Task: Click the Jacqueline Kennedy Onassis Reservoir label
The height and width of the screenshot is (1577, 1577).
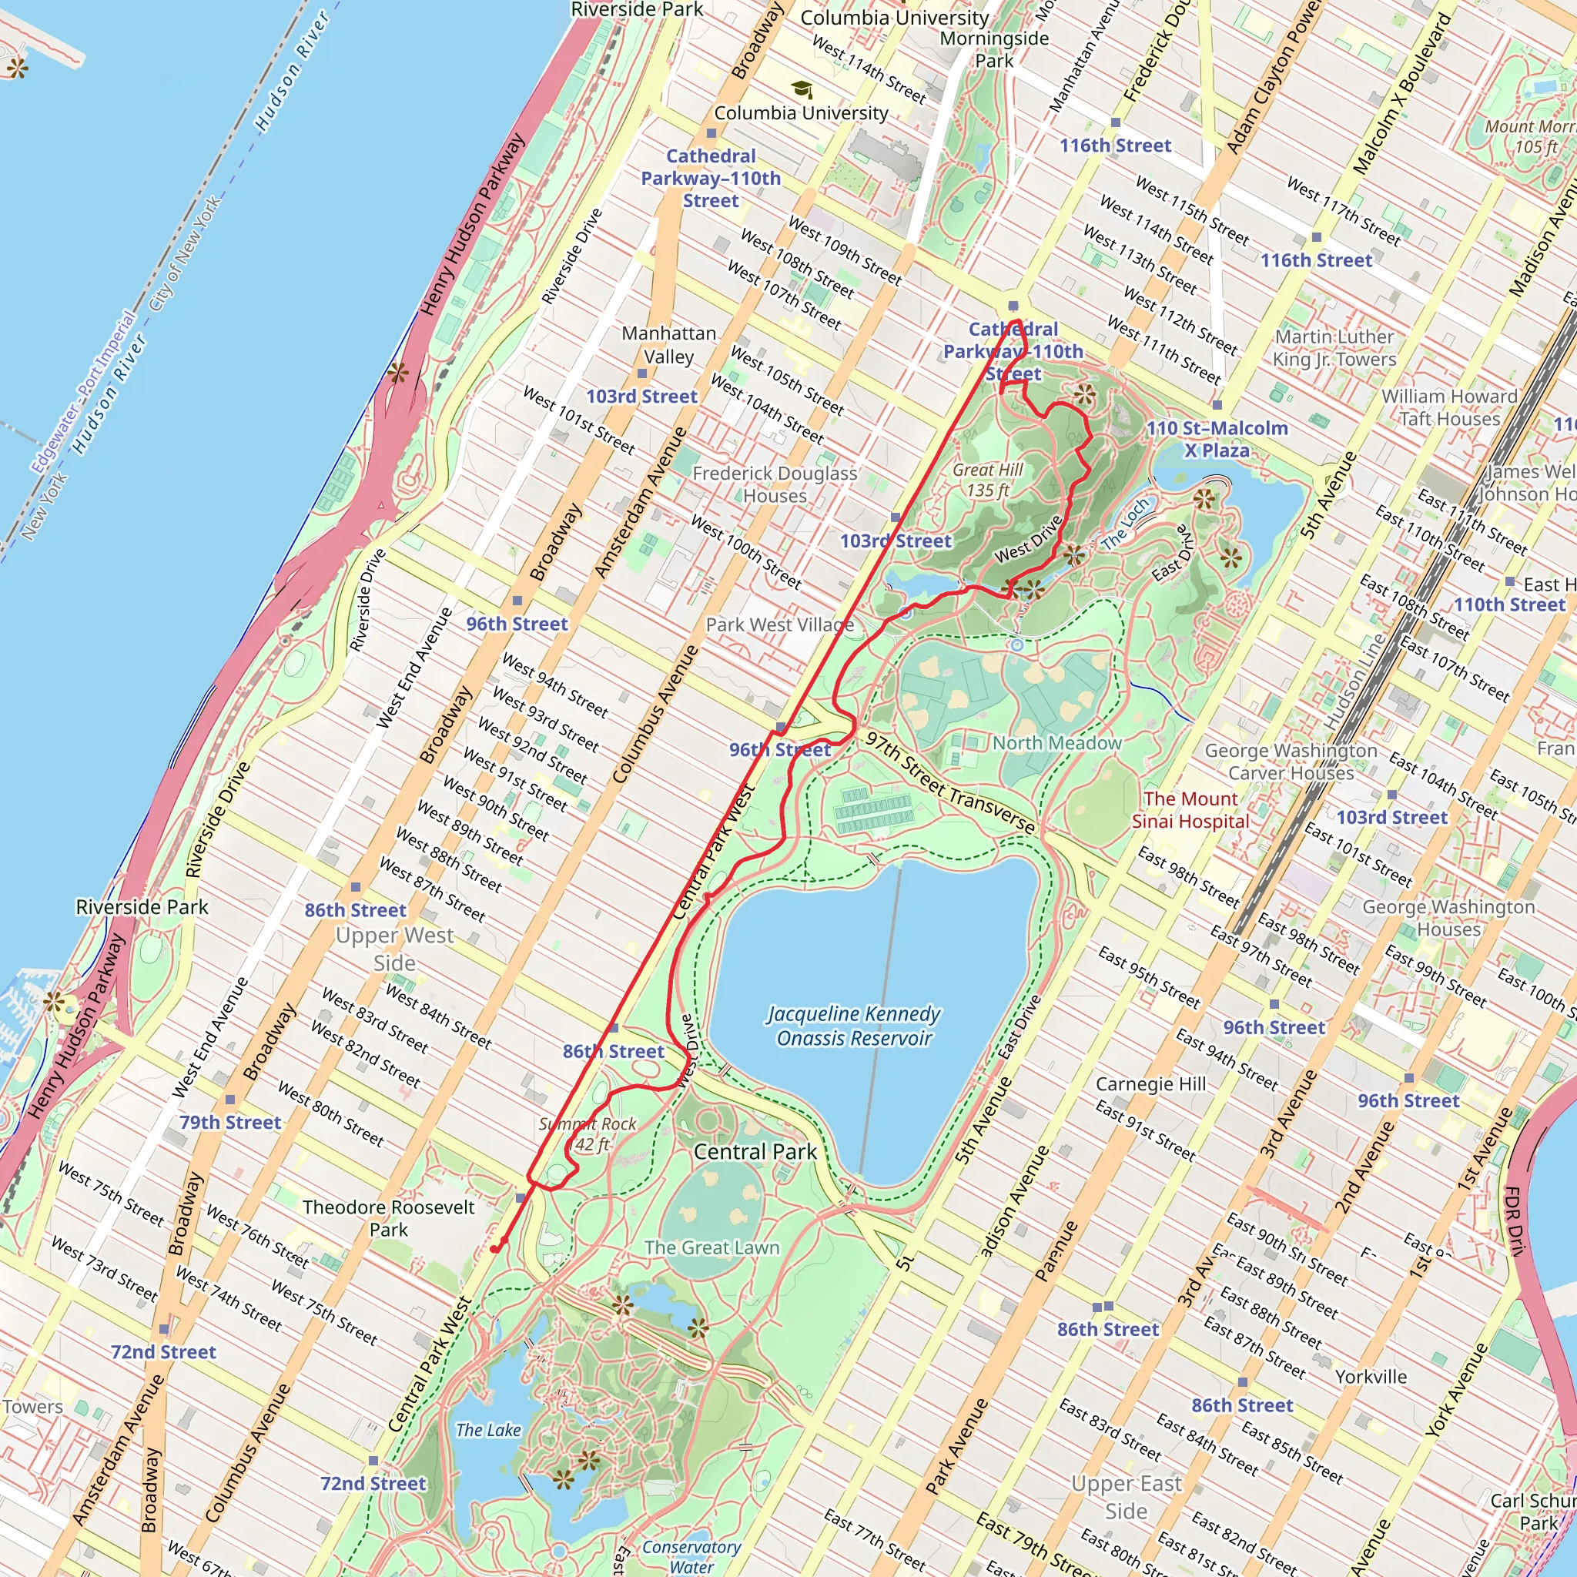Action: coord(854,1025)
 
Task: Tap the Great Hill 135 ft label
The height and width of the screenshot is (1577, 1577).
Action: coord(988,480)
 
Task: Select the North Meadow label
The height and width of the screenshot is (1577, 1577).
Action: coord(1056,743)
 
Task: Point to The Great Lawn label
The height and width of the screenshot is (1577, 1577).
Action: coord(711,1247)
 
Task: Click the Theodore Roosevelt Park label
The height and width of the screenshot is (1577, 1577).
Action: coord(389,1218)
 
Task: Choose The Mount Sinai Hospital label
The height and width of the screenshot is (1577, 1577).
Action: coord(1190,810)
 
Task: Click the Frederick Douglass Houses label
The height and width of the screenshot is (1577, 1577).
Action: coord(775,484)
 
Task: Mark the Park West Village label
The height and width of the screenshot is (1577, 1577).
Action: coord(779,624)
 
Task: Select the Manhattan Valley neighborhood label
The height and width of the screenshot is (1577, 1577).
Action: coord(669,344)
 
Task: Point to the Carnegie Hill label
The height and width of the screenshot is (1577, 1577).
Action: coord(1151,1084)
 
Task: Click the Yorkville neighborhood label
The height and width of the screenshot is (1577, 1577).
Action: coord(1371,1376)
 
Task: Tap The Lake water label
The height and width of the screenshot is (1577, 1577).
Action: coord(488,1430)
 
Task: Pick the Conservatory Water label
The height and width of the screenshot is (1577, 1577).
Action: coord(691,1556)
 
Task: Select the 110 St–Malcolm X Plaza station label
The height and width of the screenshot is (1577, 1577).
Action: coord(1217,439)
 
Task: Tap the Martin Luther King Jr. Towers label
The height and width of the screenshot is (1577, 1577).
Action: coord(1334,348)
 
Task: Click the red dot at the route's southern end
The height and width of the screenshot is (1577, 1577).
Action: coord(494,1249)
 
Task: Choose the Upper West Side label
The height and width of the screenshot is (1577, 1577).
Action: coord(394,949)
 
